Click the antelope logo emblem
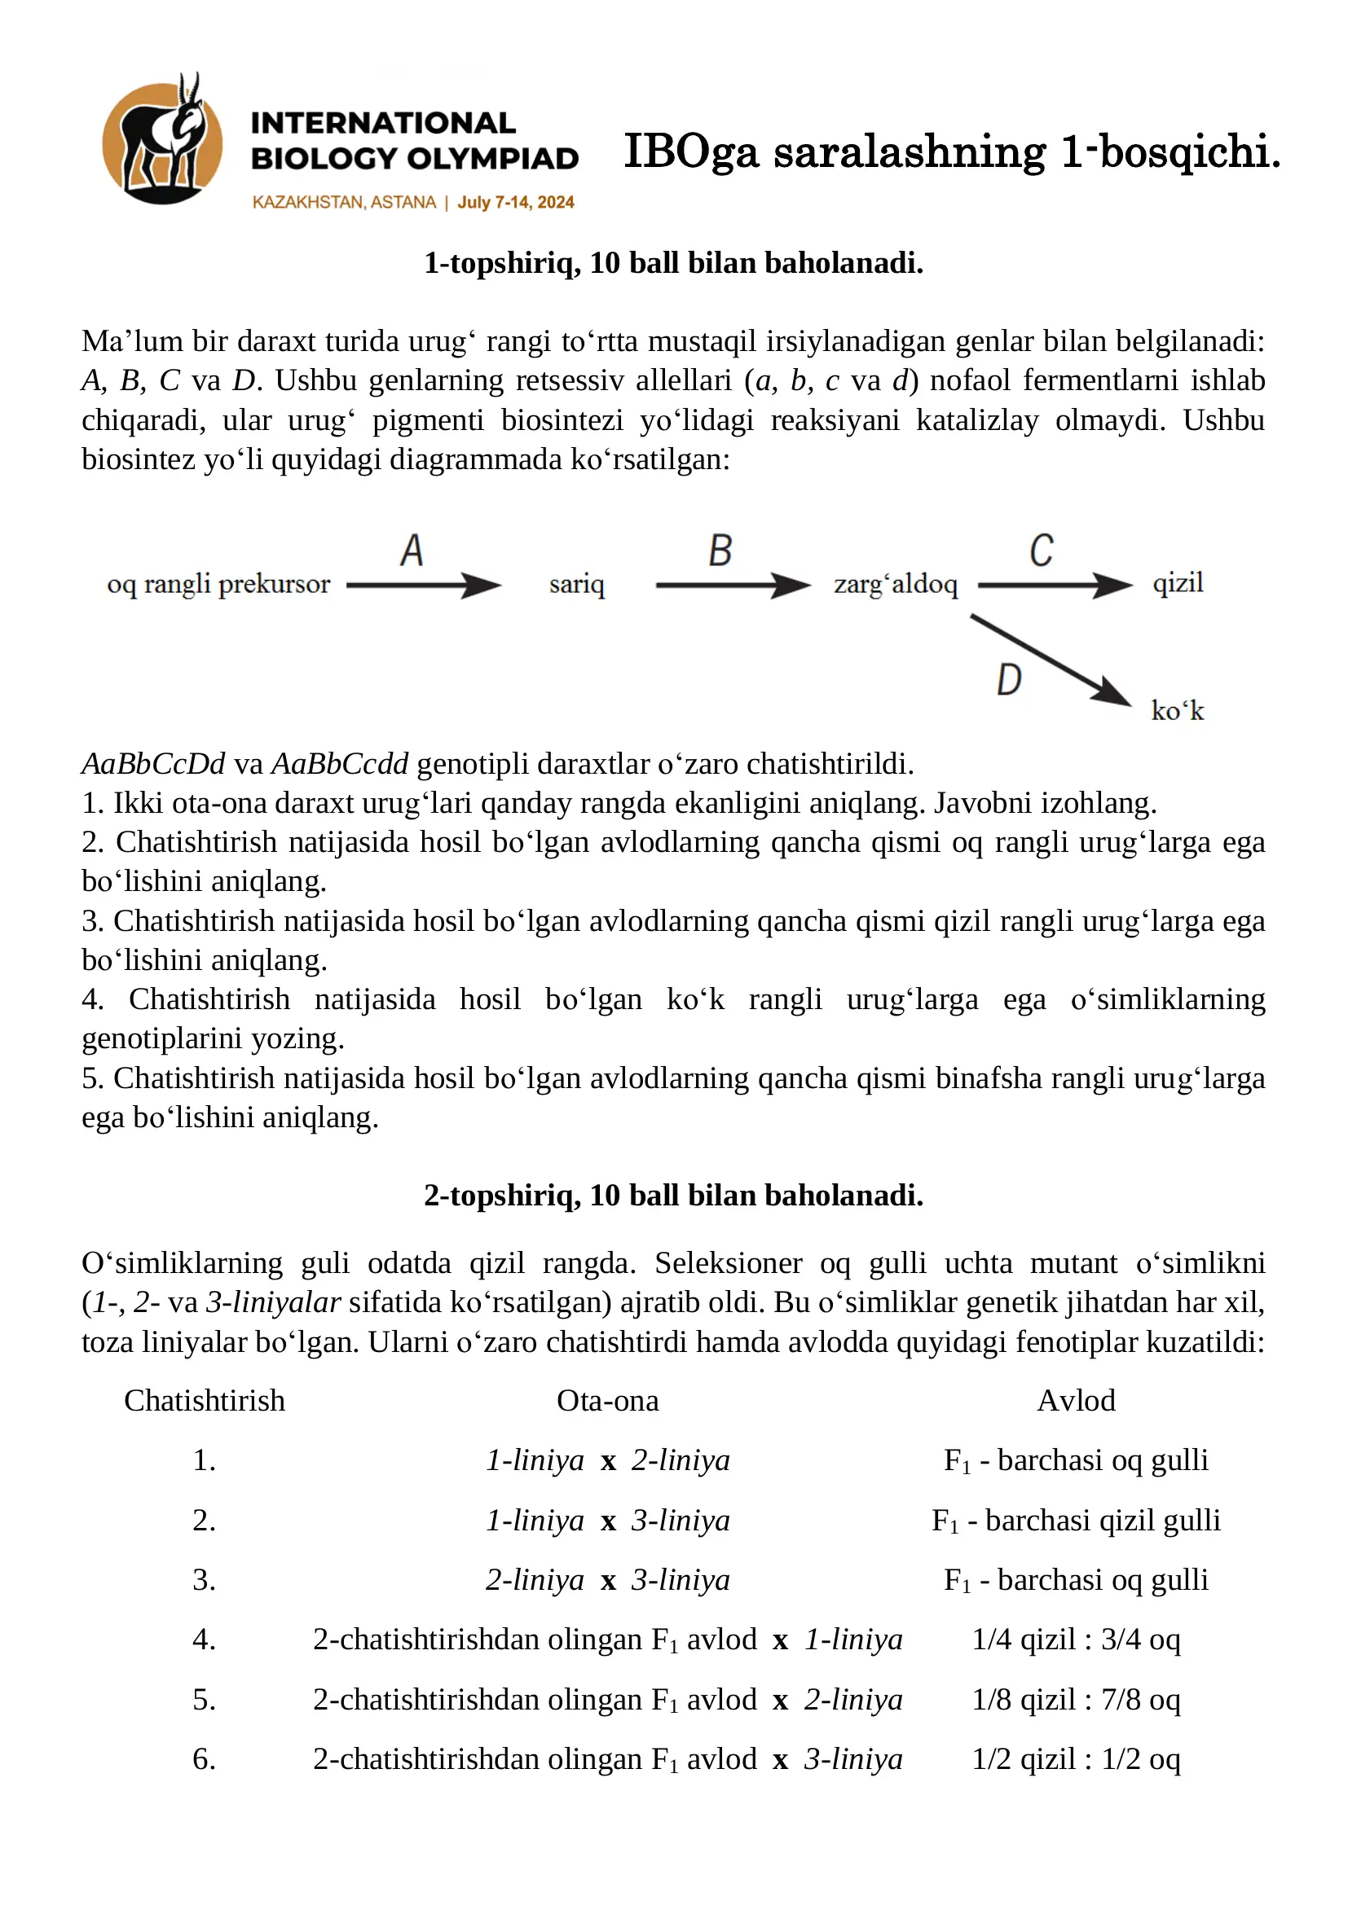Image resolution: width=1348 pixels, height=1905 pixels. (162, 141)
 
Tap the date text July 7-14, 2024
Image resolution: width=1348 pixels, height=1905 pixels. (515, 203)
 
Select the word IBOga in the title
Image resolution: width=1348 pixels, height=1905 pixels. (690, 151)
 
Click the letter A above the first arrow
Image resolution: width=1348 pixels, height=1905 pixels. (412, 551)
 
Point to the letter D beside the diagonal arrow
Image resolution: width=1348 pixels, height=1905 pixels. (1008, 680)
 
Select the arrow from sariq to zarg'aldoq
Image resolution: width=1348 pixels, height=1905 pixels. (732, 586)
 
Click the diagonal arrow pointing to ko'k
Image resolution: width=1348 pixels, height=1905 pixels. (1050, 661)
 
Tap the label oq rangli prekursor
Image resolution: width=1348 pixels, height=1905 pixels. (218, 584)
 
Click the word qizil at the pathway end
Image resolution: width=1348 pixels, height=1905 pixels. (1177, 583)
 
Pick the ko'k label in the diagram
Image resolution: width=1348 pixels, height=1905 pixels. (1177, 711)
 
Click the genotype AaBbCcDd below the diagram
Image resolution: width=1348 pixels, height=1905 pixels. (153, 764)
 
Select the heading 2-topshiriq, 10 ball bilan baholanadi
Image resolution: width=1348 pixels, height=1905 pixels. (673, 1196)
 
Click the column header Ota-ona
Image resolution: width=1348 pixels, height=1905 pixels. (608, 1402)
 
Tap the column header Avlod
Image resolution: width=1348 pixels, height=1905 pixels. (1076, 1402)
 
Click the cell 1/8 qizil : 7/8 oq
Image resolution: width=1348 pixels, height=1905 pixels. (1076, 1699)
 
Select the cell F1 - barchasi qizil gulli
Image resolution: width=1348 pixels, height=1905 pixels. (1076, 1521)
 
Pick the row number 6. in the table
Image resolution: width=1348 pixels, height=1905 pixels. (205, 1759)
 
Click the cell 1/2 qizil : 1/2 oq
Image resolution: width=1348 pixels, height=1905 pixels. (1076, 1759)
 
